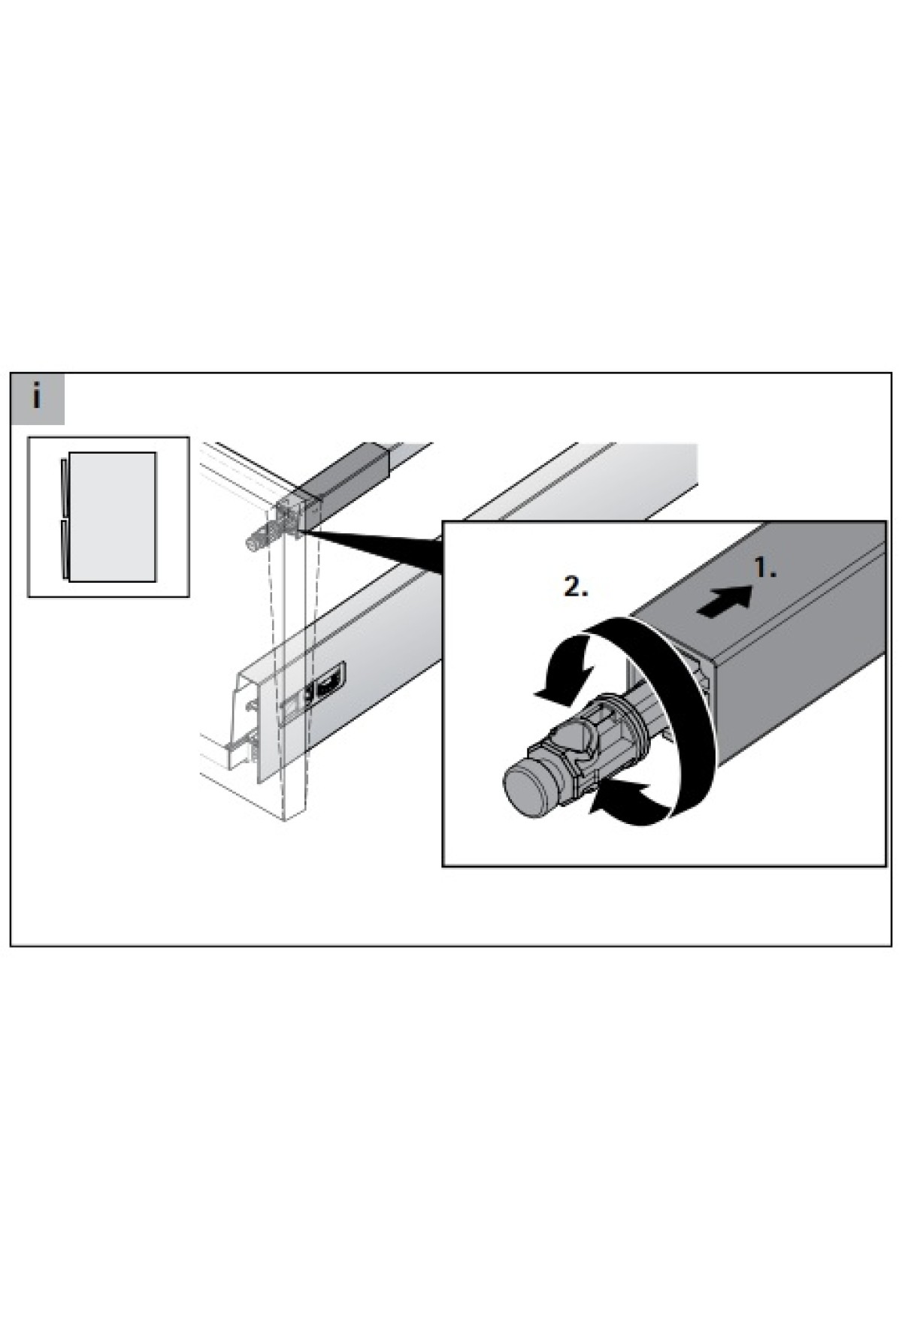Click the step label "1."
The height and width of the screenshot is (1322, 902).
coord(765,569)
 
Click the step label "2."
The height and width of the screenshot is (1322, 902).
coord(576,587)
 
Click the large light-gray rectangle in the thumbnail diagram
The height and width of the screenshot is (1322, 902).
coord(111,516)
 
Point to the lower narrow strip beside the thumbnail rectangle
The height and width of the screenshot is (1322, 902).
coord(63,549)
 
